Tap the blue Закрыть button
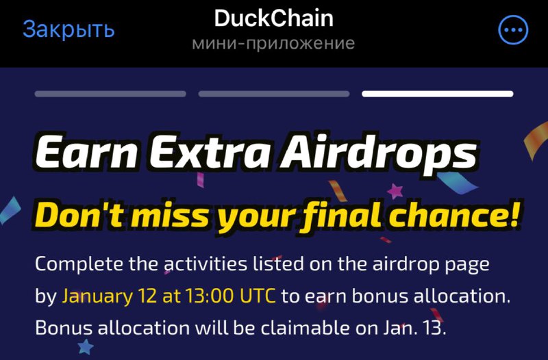tap(68, 29)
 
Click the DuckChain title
tap(273, 18)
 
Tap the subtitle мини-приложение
tap(273, 44)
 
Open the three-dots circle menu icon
tap(513, 30)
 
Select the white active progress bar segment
tap(438, 94)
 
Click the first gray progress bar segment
tap(110, 94)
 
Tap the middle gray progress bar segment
tap(274, 94)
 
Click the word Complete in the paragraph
tap(79, 265)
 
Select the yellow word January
tap(97, 297)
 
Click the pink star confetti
tap(395, 192)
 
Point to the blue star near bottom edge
tap(86, 347)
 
